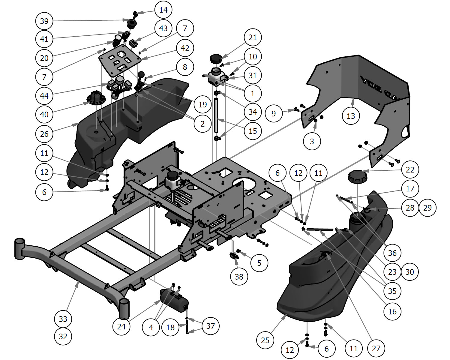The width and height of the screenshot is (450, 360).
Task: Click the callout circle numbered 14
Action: coord(163,10)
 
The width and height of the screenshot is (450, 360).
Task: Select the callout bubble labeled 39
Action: coord(44,21)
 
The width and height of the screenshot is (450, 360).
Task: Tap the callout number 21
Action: coord(253,37)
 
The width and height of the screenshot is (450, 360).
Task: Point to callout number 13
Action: coord(351,116)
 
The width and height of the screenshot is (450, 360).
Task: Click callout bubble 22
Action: coord(410,170)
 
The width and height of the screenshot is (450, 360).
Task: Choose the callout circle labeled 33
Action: coord(63,319)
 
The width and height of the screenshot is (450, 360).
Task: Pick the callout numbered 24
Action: coord(121,326)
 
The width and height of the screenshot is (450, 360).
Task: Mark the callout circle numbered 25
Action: coord(265,340)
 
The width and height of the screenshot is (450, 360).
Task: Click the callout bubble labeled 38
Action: coord(239,276)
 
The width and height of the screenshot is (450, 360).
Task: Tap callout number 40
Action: coord(44,114)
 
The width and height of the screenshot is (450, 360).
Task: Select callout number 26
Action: coord(44,134)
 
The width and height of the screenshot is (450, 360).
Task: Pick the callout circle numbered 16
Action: coord(392,311)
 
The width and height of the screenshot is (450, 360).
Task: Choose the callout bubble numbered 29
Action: coord(427,208)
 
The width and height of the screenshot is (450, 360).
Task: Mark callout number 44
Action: coord(44,96)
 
